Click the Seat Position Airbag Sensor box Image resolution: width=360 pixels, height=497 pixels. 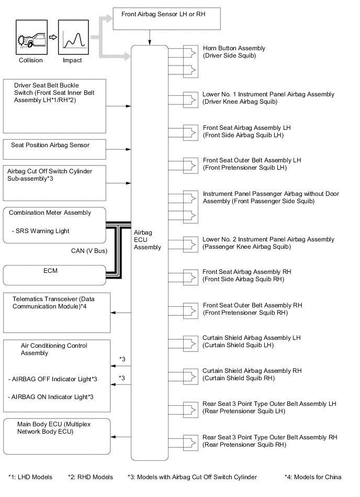[x=55, y=149]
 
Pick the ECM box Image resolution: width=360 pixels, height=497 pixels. [x=55, y=275]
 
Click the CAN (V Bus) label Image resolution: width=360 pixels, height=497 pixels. [x=89, y=251]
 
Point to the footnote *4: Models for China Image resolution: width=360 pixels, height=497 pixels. [x=312, y=477]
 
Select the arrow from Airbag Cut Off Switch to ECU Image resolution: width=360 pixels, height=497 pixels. [x=119, y=183]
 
